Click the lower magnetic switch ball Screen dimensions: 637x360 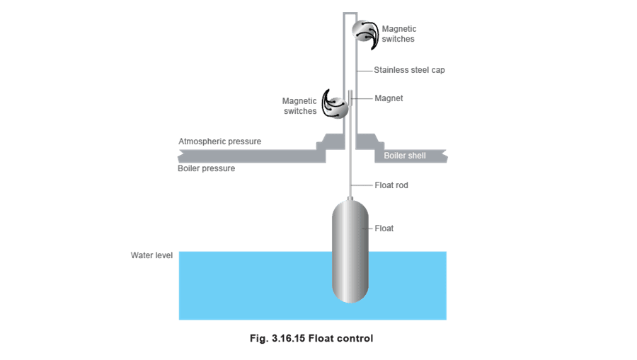pyautogui.click(x=337, y=108)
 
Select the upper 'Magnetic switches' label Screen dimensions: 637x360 pyautogui.click(x=399, y=34)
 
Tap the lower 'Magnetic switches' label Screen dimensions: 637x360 pyautogui.click(x=299, y=106)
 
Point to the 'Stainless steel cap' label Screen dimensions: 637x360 pyautogui.click(x=409, y=70)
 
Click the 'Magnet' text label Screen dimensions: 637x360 pyautogui.click(x=389, y=98)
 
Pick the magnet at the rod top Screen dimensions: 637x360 pyautogui.click(x=350, y=98)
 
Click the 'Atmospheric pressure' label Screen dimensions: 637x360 pyautogui.click(x=220, y=141)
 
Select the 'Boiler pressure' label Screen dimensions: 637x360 pyautogui.click(x=207, y=168)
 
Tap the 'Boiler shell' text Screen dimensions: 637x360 pyautogui.click(x=405, y=156)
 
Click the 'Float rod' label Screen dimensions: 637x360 pyautogui.click(x=391, y=185)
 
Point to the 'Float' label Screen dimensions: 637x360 pyautogui.click(x=384, y=228)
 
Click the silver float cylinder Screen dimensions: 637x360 pyautogui.click(x=350, y=251)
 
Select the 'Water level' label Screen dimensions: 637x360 pyautogui.click(x=151, y=255)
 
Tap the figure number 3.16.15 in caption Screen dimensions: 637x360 pyautogui.click(x=288, y=338)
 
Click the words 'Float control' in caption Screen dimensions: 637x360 pyautogui.click(x=340, y=338)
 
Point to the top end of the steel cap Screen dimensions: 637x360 pyautogui.click(x=350, y=13)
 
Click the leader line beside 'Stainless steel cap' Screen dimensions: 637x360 pyautogui.click(x=365, y=70)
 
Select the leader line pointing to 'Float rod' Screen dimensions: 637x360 pyautogui.click(x=362, y=185)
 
